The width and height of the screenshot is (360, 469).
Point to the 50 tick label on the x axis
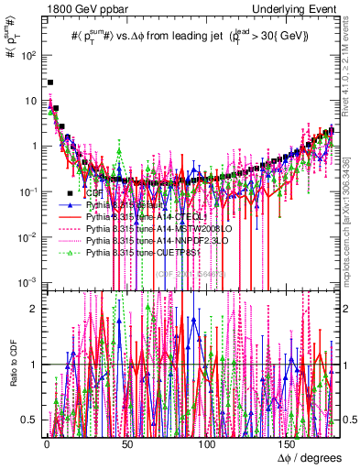pyautogui.click(x=126, y=442)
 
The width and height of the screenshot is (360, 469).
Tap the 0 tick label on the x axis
pyautogui.click(x=46, y=442)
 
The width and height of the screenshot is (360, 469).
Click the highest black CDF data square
pyautogui.click(x=50, y=82)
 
